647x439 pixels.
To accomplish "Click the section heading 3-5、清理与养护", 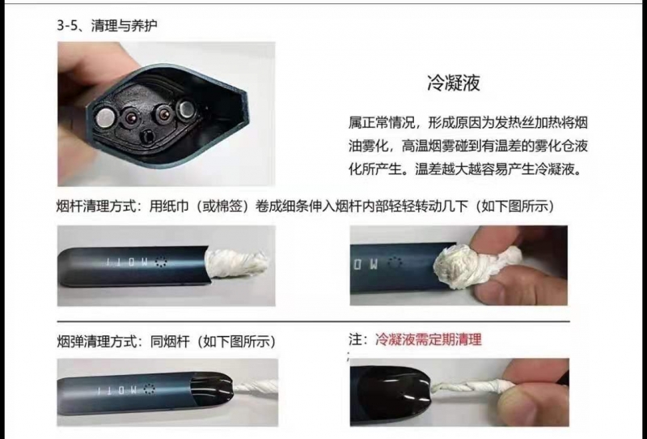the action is point(107,26).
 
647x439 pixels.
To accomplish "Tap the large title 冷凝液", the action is point(454,83).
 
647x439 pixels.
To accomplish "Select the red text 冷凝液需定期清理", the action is point(429,339).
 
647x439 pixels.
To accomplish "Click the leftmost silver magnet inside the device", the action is point(105,117).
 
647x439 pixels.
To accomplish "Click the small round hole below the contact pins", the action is point(147,136).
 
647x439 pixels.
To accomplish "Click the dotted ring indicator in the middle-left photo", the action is point(160,262).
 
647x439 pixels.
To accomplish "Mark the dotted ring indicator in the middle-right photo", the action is point(397,263).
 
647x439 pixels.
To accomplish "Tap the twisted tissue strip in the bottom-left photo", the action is point(256,389).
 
